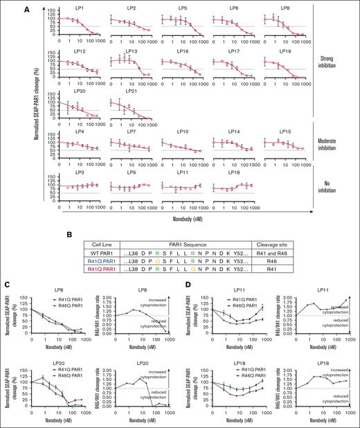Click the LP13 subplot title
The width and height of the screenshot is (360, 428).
[132, 51]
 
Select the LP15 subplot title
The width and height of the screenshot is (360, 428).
[285, 132]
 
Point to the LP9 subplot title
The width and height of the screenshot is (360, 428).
[132, 171]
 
